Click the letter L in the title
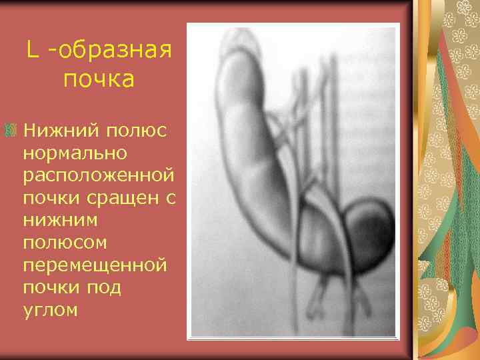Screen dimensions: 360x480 32,49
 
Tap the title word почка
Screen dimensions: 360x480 99,79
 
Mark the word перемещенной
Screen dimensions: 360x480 94,265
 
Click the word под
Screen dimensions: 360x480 107,287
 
